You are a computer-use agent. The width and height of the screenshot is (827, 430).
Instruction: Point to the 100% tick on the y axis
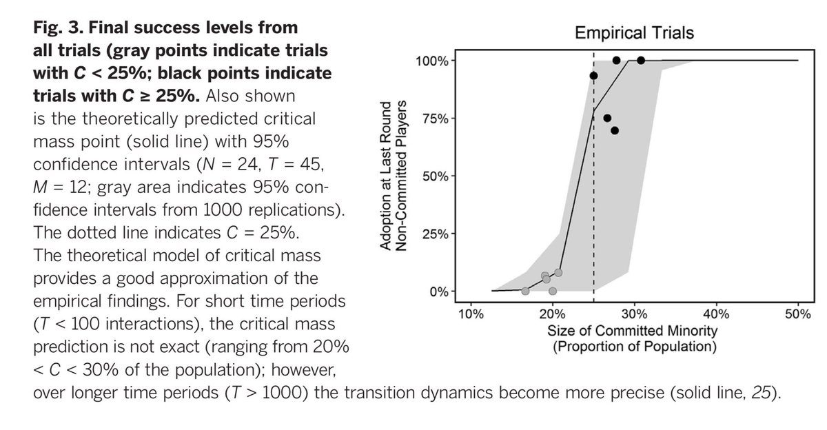[432, 61]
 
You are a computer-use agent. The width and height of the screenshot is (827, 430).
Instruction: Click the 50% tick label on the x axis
[798, 314]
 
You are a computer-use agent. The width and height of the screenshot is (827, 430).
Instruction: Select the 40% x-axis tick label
[716, 314]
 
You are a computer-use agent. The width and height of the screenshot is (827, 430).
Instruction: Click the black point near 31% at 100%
[641, 61]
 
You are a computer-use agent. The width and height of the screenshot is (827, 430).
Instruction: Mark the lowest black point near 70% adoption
[615, 130]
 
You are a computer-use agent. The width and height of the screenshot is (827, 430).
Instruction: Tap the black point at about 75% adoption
[607, 118]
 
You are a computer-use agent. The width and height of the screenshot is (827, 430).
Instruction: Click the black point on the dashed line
[594, 76]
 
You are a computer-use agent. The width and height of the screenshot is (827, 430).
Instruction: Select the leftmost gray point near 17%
[525, 291]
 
